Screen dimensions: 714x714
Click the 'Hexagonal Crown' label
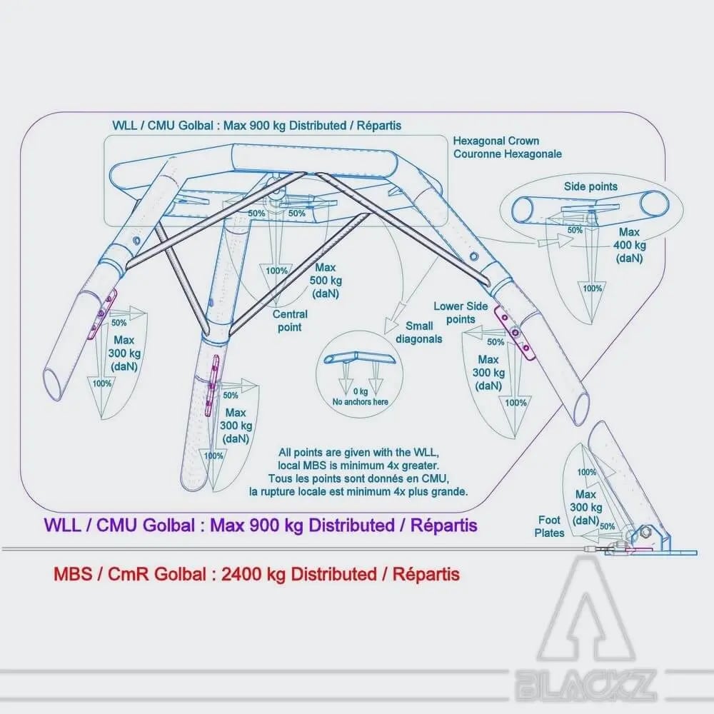[x=496, y=141]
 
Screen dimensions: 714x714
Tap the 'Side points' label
[x=590, y=187]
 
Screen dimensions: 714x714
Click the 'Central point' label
[x=291, y=321]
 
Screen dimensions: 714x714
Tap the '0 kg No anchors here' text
[x=361, y=397]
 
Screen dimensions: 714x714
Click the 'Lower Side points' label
[x=460, y=313]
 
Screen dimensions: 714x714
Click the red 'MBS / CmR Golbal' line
[x=256, y=573]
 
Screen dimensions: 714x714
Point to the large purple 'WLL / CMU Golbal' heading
[x=261, y=526]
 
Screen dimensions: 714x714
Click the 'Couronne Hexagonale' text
[x=507, y=154]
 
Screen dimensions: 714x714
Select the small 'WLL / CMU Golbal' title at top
[x=256, y=125]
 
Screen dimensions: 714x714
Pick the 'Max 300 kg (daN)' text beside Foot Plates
[x=585, y=508]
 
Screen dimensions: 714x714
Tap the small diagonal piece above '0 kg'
[x=361, y=358]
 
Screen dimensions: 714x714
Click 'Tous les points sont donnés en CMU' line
[x=359, y=478]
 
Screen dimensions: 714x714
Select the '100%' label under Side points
[x=593, y=288]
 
